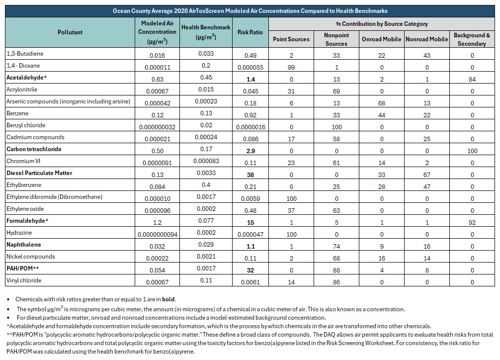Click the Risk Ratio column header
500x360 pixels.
pos(250,32)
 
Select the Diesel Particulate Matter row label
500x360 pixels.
pos(39,173)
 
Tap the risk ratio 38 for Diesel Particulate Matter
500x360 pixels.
pos(250,175)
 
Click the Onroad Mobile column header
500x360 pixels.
pos(381,39)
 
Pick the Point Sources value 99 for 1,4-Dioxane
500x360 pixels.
pos(291,67)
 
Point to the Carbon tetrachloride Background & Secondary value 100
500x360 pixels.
pos(472,151)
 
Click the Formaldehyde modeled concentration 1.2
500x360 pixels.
pos(157,222)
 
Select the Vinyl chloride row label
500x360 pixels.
pos(24,280)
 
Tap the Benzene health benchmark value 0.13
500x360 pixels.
pos(206,113)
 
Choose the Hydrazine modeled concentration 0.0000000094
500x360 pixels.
pos(158,235)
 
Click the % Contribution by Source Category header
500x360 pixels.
pos(382,23)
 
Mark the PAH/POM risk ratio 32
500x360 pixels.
pos(250,270)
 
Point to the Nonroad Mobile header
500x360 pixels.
pos(426,39)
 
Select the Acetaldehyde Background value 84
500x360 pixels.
pos(472,79)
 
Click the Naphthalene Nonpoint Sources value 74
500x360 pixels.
pos(336,247)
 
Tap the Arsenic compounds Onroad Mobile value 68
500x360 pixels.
pos(382,103)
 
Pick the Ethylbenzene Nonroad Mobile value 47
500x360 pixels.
pos(427,186)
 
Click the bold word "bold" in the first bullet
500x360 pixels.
pos(168,299)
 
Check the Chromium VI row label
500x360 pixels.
pos(23,161)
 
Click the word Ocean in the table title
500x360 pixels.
pos(121,11)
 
